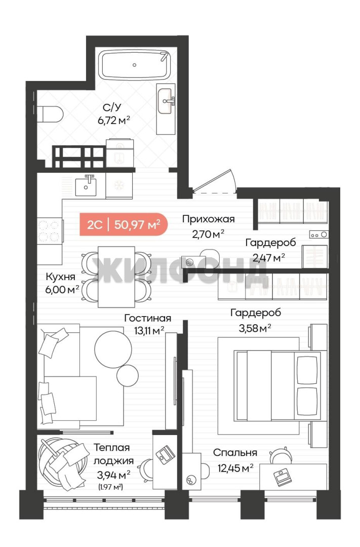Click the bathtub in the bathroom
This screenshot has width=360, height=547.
[x=135, y=65]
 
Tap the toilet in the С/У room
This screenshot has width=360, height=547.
[x=50, y=114]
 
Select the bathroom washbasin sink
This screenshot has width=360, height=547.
[x=166, y=101]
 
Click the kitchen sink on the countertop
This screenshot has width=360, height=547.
[x=86, y=185]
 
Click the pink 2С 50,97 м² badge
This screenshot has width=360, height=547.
[x=124, y=224]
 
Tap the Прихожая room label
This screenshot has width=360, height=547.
[x=208, y=219]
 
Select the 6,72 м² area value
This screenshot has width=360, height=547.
[x=114, y=121]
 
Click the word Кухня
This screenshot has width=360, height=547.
[x=60, y=277]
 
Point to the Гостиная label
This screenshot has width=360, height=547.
[x=147, y=318]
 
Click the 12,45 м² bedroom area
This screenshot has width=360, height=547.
[x=235, y=468]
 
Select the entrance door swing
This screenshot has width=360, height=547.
[x=215, y=181]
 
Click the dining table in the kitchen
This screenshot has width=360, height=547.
[x=116, y=277]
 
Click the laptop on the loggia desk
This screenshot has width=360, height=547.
[x=165, y=454]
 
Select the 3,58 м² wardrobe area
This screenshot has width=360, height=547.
[x=255, y=328]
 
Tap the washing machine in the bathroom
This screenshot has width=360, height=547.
[x=119, y=152]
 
